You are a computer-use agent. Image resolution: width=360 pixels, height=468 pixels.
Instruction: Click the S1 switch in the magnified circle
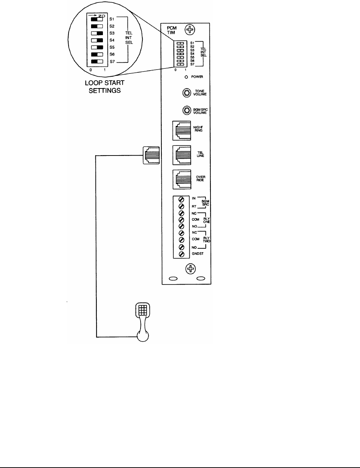pos(97,19)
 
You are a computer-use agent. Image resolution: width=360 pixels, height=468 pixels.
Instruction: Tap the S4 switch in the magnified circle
pos(97,40)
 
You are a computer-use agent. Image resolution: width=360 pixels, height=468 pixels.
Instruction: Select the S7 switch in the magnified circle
pos(97,61)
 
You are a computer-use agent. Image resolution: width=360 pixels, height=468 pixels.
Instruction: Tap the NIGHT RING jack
pos(182,130)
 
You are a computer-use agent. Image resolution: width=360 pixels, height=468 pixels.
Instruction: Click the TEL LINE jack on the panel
pos(182,154)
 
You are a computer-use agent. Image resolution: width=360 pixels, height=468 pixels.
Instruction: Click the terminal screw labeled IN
pos(182,199)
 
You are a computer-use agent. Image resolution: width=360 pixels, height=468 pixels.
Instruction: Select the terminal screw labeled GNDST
pos(182,254)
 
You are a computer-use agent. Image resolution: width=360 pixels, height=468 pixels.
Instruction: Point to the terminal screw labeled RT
pos(182,206)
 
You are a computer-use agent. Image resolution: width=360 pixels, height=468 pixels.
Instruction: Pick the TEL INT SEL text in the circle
pos(129,37)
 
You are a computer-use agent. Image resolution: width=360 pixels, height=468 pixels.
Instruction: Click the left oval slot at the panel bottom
pos(173,278)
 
